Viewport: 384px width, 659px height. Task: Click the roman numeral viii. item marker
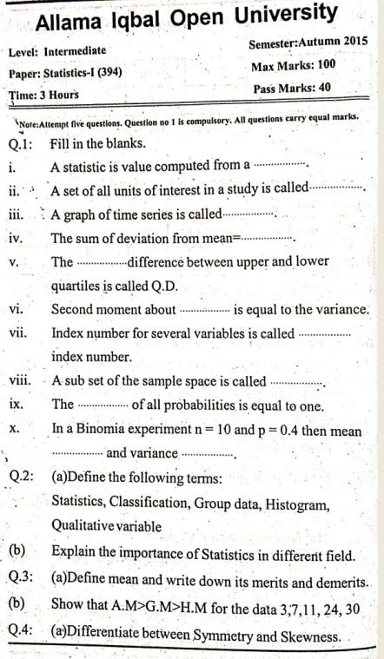(x=20, y=380)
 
